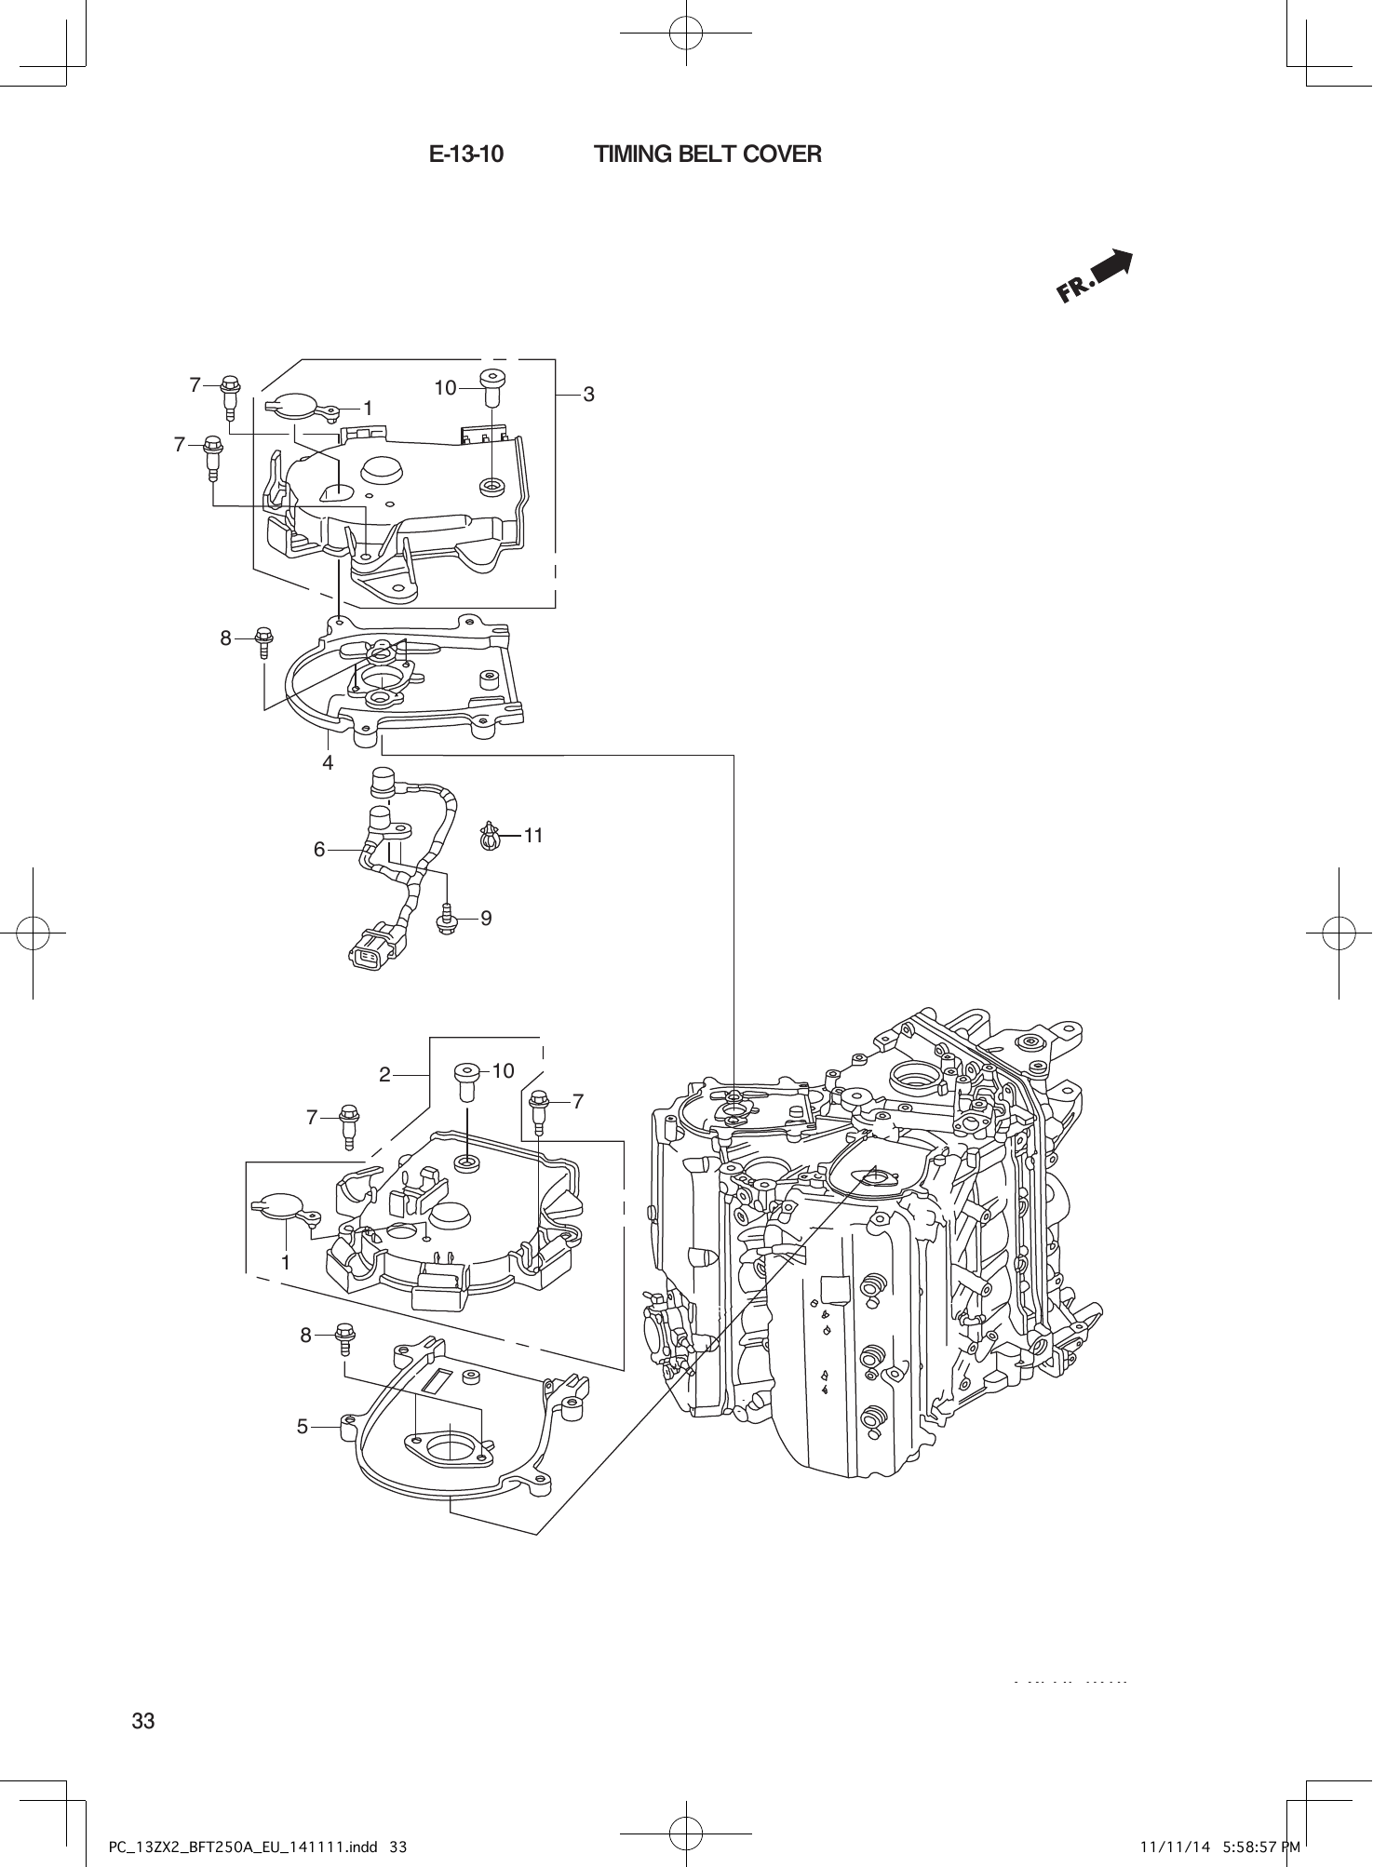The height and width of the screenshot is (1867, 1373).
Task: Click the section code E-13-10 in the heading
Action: (x=466, y=154)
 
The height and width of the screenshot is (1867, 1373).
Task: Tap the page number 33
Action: (x=143, y=1721)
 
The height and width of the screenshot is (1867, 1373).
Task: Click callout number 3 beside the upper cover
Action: (x=587, y=395)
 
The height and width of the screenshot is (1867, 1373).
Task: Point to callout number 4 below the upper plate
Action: (x=328, y=762)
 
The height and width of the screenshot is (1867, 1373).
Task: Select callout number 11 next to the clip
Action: (x=532, y=835)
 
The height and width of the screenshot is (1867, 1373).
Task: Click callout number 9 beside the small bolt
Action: (x=486, y=919)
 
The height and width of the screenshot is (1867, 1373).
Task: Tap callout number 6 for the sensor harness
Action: (x=319, y=849)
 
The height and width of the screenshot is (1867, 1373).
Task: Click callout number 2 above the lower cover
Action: (x=384, y=1074)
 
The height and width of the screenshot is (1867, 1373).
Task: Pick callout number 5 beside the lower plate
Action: (x=303, y=1426)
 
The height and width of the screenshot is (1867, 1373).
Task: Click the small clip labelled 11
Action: (x=490, y=835)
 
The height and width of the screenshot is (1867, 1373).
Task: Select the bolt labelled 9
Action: (x=445, y=919)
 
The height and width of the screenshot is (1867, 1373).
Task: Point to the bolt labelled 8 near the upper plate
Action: (x=262, y=639)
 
